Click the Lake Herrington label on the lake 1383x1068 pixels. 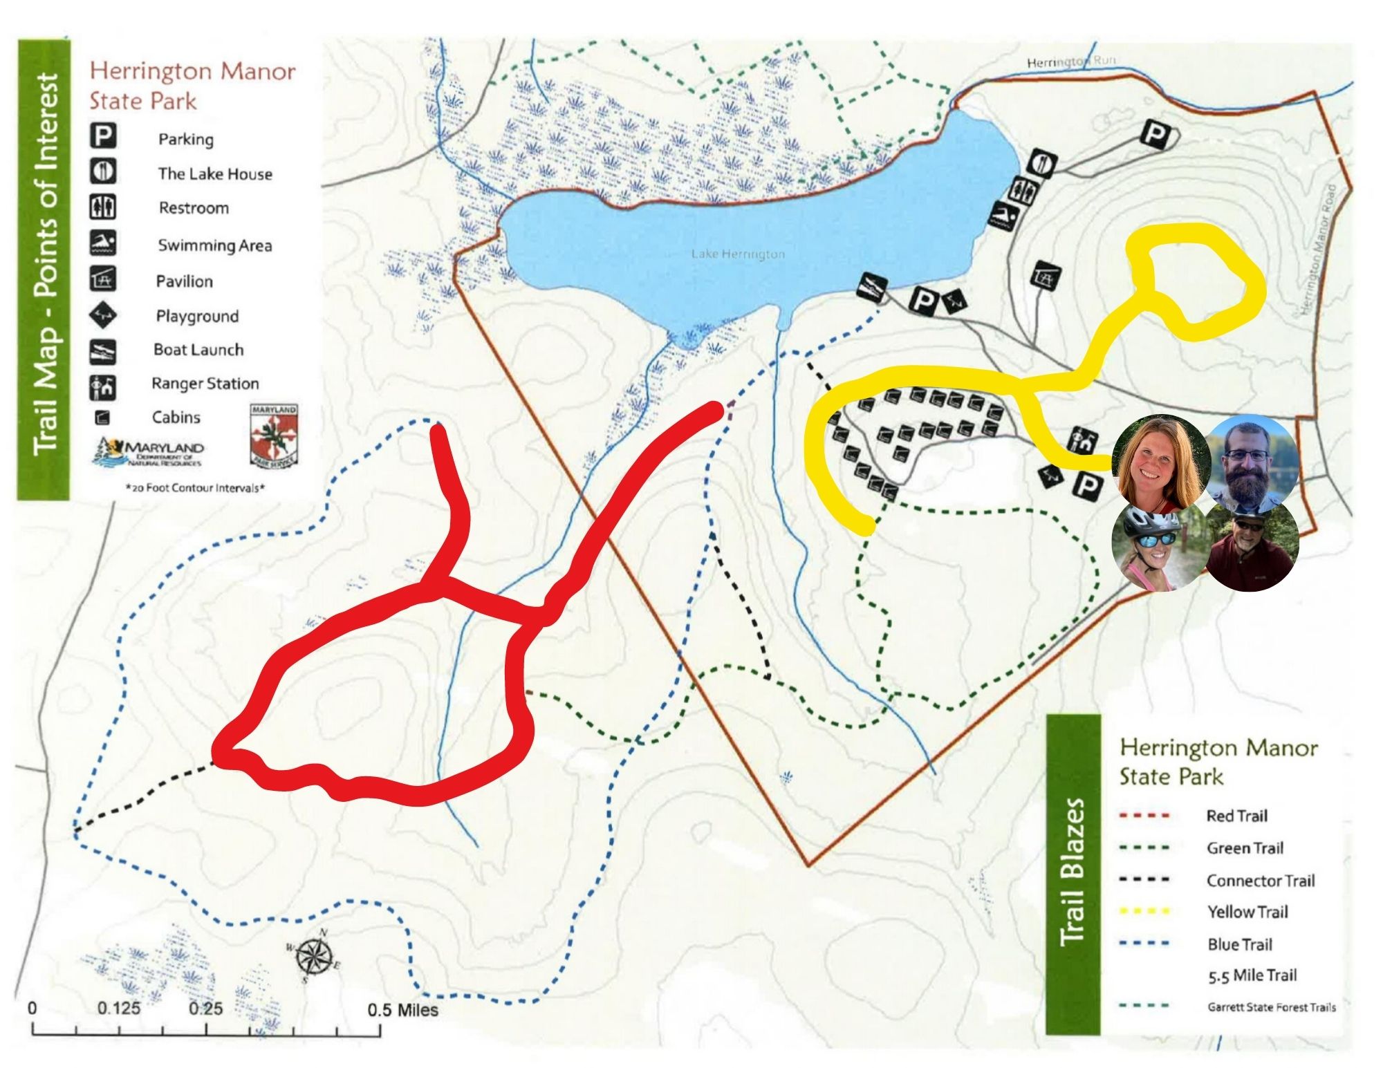[738, 254]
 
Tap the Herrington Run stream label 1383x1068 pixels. [1070, 62]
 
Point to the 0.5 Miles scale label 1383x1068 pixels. [402, 1010]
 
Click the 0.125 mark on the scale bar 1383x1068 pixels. [118, 1008]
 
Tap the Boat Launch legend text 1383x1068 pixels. [198, 350]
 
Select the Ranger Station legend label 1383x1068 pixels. [205, 384]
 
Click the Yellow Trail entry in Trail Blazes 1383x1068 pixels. [1247, 912]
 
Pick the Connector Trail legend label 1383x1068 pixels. [1260, 881]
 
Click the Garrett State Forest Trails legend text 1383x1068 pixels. [1271, 1007]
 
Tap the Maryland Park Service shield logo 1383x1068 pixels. [274, 435]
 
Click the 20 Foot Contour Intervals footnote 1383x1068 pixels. [195, 488]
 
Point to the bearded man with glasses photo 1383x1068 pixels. [1250, 460]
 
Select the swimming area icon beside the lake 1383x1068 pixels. [1003, 217]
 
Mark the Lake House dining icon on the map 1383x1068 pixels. [1041, 163]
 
